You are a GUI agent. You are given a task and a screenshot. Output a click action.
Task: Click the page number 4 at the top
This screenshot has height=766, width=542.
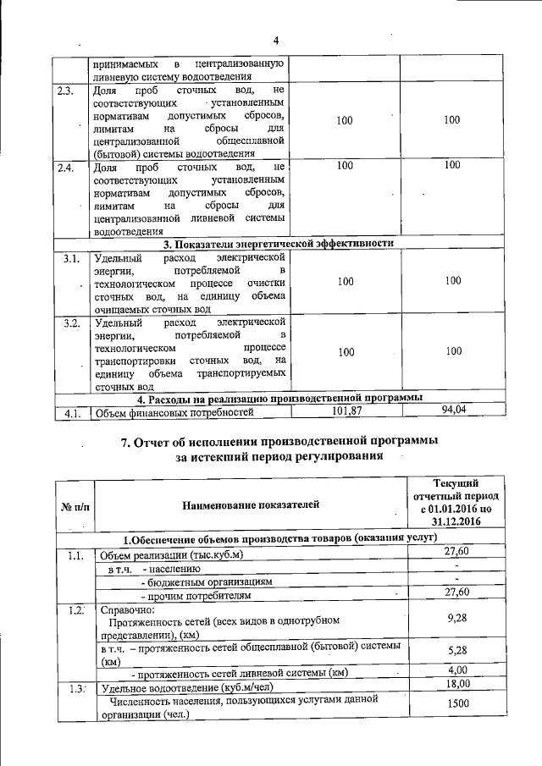pos(276,41)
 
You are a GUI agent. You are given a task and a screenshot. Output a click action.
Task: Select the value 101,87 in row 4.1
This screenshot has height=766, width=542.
pos(345,411)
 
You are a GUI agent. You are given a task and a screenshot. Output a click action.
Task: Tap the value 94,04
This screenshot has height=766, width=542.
pos(454,411)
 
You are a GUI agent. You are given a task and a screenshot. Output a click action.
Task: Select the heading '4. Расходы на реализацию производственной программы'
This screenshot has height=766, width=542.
pos(279,398)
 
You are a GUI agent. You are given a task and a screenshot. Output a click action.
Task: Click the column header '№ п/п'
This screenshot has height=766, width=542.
pos(75,505)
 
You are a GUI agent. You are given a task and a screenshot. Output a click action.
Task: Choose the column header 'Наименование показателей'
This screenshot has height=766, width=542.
pos(252,505)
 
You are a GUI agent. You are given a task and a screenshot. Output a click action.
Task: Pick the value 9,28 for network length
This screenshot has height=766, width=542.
pos(457,620)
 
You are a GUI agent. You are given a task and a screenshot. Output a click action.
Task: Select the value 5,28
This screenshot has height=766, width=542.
pos(457,653)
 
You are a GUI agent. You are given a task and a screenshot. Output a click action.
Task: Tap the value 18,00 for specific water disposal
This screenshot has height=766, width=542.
pos(457,685)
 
